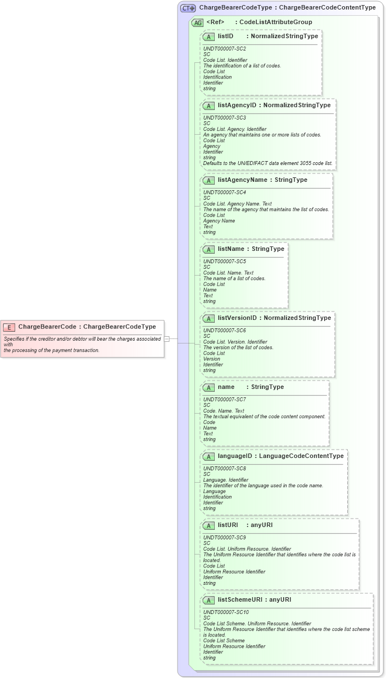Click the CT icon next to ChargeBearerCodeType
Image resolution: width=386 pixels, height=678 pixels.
tap(188, 8)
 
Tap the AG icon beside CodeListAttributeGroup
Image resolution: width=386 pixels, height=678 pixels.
tap(197, 22)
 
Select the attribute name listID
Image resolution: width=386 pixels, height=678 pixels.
tap(225, 36)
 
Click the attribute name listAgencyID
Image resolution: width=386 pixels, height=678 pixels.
tap(237, 105)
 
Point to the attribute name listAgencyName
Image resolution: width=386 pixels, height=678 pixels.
tap(243, 180)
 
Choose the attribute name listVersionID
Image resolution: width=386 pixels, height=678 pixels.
tap(237, 318)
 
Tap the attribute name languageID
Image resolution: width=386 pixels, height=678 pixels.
tap(235, 456)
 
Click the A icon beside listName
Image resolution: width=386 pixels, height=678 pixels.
tap(208, 249)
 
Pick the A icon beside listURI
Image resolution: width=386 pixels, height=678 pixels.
tap(208, 525)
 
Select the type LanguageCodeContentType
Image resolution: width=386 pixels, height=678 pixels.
tap(301, 456)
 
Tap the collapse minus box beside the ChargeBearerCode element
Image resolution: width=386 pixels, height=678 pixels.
tap(167, 338)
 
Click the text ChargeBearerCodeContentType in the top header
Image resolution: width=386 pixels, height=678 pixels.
tap(327, 8)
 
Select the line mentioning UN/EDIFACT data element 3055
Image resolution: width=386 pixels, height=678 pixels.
tap(267, 163)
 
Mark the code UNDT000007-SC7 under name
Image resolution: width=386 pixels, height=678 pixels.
tap(224, 400)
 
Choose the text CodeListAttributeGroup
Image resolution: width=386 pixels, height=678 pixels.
tap(276, 22)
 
